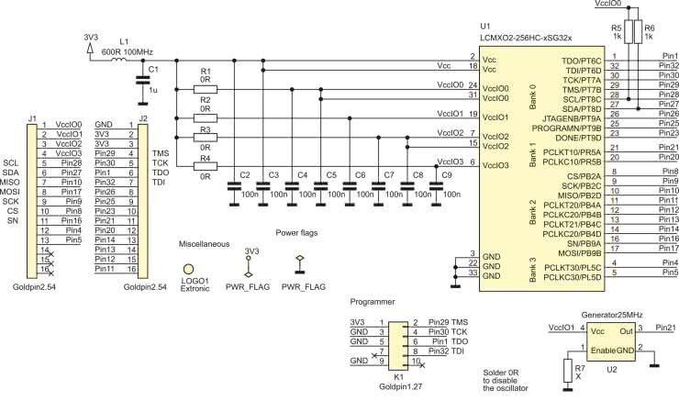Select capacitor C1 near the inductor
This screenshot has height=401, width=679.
click(x=142, y=80)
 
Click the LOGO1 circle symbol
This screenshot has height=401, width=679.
click(x=190, y=268)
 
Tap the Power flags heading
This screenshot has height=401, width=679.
click(x=295, y=234)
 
